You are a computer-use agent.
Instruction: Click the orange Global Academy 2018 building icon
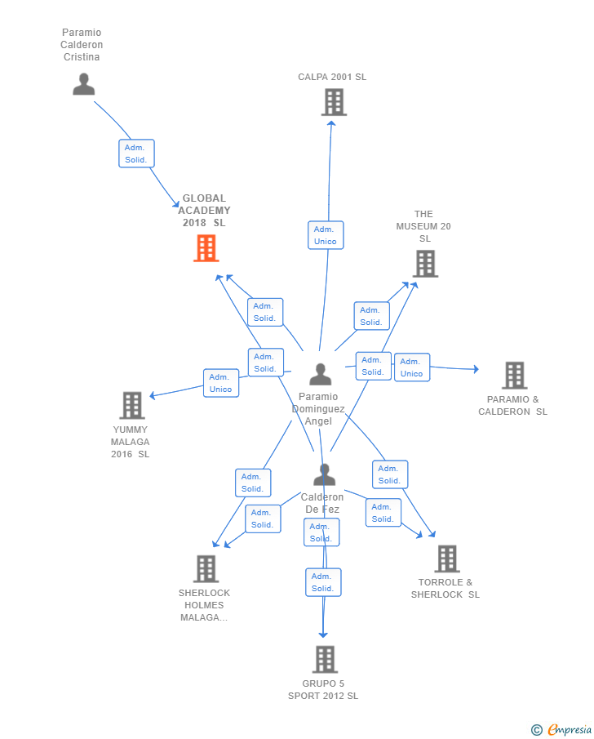(x=206, y=248)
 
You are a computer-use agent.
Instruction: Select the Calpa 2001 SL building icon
(x=333, y=102)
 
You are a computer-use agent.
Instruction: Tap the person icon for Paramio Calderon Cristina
(x=83, y=84)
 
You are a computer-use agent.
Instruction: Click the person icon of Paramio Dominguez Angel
(x=321, y=374)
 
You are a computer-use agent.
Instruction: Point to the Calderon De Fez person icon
(x=324, y=474)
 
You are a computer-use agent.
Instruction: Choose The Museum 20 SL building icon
(x=425, y=264)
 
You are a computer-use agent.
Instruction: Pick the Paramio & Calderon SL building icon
(x=514, y=375)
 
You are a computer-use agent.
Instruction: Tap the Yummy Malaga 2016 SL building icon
(x=131, y=405)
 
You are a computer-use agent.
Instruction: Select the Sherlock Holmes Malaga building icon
(x=206, y=568)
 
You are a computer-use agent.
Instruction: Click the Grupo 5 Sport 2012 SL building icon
(x=325, y=659)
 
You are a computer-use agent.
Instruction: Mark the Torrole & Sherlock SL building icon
(x=446, y=559)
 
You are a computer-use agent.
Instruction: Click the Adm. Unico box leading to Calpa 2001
(x=326, y=235)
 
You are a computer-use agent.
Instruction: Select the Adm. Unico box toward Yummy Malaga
(x=221, y=383)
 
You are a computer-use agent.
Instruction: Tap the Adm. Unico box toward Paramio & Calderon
(x=412, y=367)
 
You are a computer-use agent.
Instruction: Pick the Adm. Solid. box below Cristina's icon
(x=136, y=154)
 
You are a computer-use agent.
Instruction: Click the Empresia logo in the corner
(x=561, y=729)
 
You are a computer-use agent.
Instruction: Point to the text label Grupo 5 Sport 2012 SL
(x=323, y=690)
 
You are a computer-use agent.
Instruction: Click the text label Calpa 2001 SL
(x=332, y=77)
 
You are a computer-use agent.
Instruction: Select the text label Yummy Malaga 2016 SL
(x=131, y=442)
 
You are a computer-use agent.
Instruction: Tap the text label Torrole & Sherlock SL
(x=445, y=588)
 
